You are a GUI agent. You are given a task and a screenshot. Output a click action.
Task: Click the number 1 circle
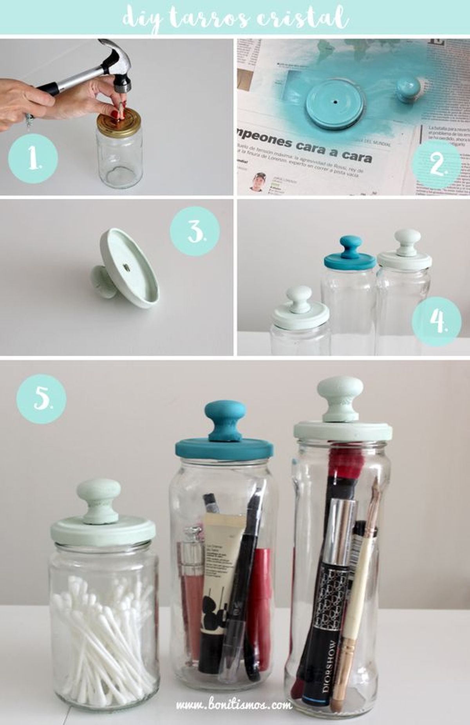(x=33, y=159)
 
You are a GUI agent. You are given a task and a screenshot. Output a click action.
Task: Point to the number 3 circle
(x=195, y=231)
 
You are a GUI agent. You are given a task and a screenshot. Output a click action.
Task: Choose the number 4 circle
(x=437, y=321)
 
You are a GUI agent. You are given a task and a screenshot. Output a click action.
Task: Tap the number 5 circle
(x=41, y=398)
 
